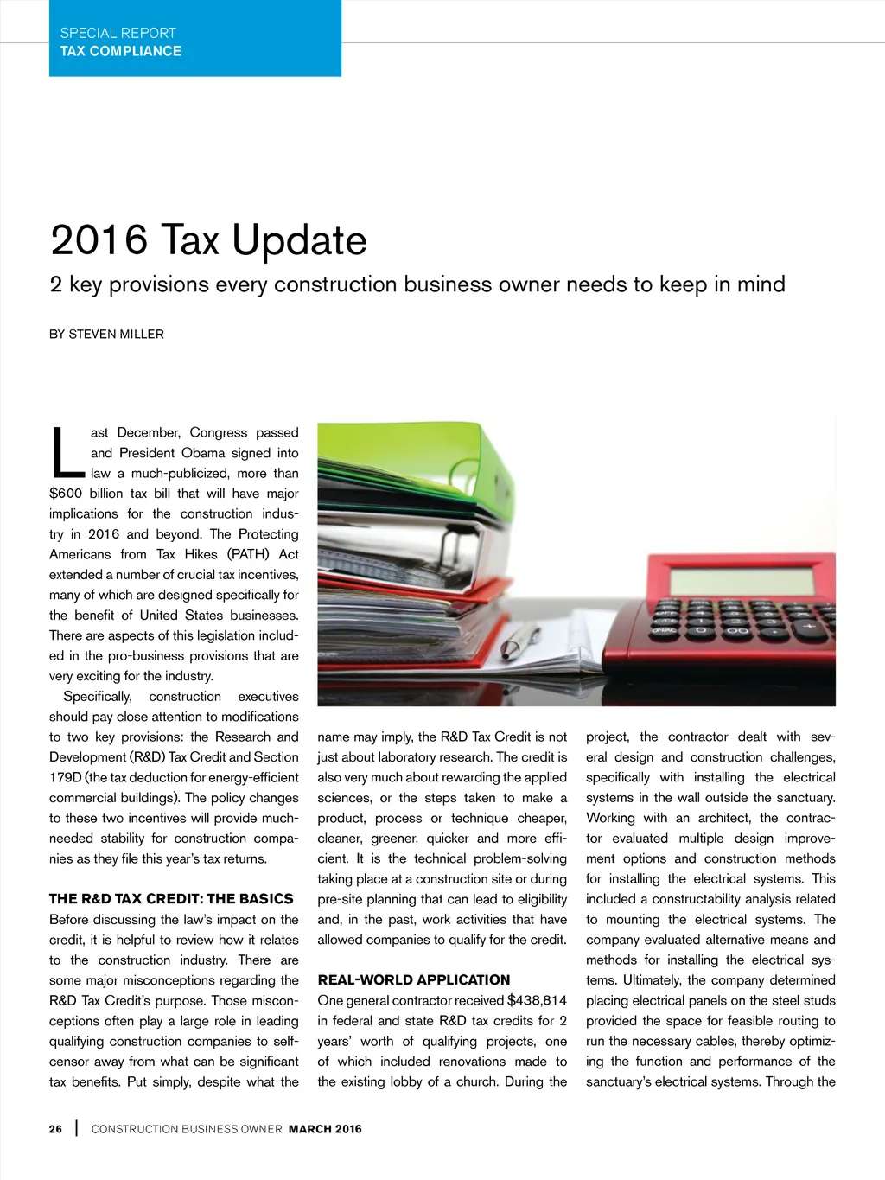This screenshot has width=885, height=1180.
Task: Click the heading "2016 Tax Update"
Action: click(208, 240)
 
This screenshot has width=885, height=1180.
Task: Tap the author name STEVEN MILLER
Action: click(116, 335)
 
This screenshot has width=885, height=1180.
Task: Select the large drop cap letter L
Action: click(67, 452)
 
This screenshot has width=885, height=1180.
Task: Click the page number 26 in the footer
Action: click(55, 1129)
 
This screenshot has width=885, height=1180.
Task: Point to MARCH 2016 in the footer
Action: click(325, 1129)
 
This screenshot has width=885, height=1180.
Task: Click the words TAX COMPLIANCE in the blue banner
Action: click(121, 51)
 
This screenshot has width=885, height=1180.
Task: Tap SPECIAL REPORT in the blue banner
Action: click(118, 33)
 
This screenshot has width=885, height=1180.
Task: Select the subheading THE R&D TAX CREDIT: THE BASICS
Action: click(171, 899)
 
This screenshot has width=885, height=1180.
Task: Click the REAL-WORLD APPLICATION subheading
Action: click(414, 980)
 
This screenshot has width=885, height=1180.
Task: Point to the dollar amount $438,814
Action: click(537, 1000)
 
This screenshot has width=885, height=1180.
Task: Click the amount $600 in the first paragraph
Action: click(66, 494)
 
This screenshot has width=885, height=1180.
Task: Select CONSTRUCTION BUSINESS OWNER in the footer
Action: click(187, 1129)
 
